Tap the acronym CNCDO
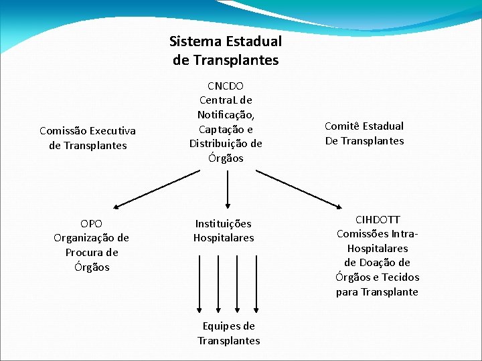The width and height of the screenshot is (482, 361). [x=226, y=86]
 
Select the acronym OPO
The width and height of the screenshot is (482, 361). [x=91, y=223]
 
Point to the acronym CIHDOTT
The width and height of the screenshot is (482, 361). [x=378, y=220]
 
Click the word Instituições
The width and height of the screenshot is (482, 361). [x=223, y=223]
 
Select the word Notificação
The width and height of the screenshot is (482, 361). [x=226, y=115]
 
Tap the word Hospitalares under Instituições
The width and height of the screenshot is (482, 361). [x=224, y=238]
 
